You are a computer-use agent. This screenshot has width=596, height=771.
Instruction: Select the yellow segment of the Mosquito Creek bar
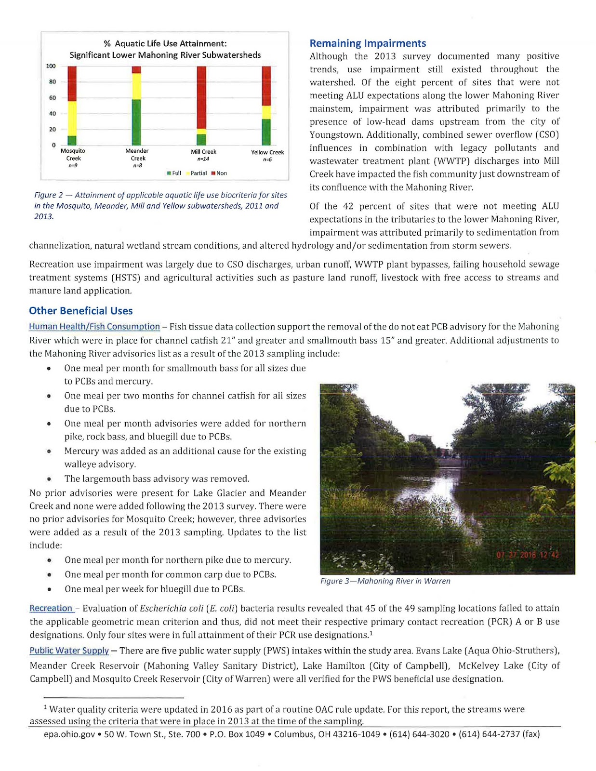72,118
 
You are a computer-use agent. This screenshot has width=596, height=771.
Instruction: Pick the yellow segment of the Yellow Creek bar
266,112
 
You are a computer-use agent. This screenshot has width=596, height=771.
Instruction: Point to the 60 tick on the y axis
52,98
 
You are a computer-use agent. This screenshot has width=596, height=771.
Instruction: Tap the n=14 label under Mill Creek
203,159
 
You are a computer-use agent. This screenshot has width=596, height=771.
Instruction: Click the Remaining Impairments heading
368,43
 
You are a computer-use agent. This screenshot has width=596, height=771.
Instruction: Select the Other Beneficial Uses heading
80,311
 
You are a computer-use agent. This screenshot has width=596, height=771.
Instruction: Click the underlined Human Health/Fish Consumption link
94,327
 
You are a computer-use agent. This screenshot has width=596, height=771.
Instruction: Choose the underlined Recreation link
51,608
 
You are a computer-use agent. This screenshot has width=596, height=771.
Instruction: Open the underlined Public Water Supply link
69,651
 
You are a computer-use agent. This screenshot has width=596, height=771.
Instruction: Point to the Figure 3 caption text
385,581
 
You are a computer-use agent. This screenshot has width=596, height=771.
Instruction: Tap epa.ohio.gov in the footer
69,734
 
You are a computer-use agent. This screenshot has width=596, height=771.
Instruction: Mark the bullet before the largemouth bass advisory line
49,479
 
